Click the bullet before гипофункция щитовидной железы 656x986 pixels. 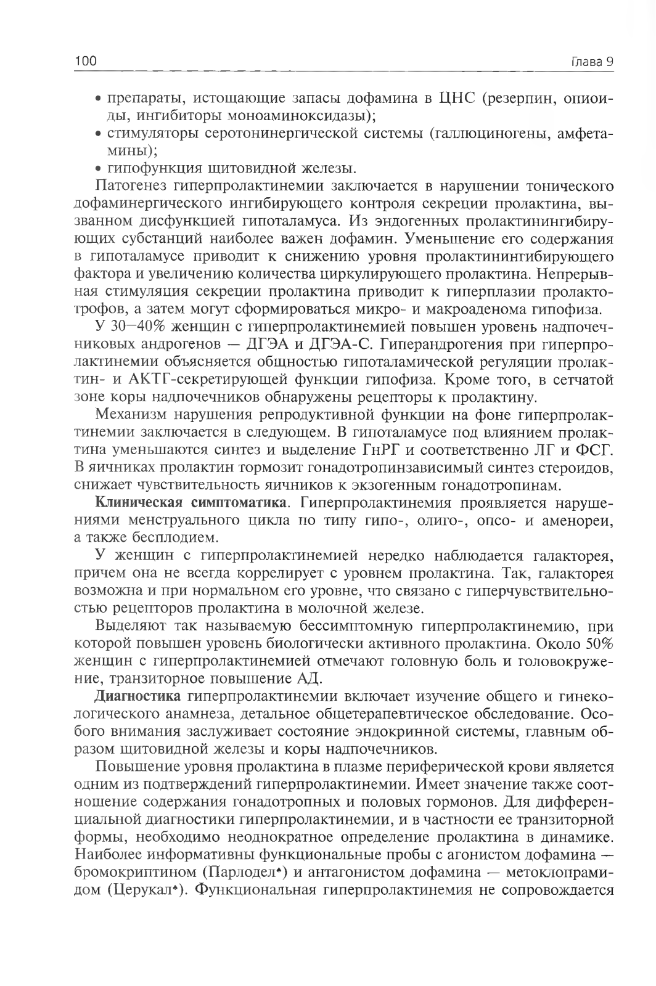tap(99, 168)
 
